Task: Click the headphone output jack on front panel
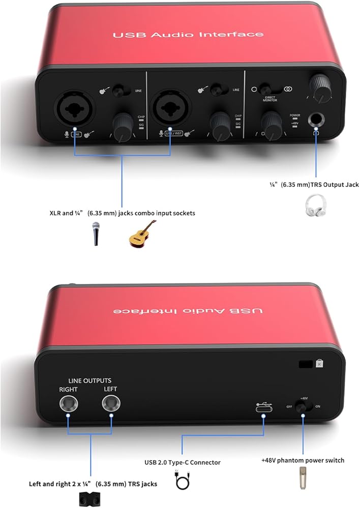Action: tap(317, 120)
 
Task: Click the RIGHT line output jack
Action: tap(68, 404)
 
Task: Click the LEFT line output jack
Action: tap(110, 404)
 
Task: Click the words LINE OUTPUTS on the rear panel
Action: tap(90, 380)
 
